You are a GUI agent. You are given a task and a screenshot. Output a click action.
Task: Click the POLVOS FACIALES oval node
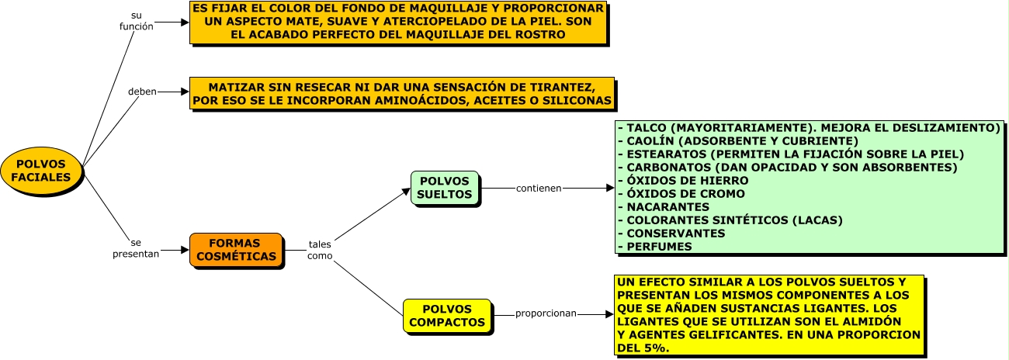(x=41, y=171)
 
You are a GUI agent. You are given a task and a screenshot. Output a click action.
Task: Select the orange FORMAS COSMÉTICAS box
(x=236, y=250)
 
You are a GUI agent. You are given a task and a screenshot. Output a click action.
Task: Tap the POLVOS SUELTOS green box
(x=445, y=188)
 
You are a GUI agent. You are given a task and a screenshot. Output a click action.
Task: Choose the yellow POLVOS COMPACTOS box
(x=447, y=316)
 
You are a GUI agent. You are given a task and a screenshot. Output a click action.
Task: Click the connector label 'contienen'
(x=539, y=188)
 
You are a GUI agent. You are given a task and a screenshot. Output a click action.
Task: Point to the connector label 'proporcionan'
(x=546, y=313)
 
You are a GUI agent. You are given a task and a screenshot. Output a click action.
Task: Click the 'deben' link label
(x=142, y=92)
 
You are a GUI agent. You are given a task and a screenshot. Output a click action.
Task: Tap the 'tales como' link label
(x=320, y=250)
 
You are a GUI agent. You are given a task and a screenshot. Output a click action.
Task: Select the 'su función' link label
(x=136, y=21)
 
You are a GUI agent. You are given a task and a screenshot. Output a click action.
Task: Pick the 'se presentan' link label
(x=136, y=248)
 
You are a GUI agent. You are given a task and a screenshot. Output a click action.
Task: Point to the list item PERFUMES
(x=659, y=247)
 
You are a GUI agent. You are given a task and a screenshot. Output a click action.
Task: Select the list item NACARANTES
(x=667, y=207)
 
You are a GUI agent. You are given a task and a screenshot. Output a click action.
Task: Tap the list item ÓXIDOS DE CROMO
(x=685, y=193)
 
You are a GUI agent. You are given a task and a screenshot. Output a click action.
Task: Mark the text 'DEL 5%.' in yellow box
(x=643, y=348)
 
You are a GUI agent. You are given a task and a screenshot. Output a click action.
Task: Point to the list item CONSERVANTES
(x=676, y=234)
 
